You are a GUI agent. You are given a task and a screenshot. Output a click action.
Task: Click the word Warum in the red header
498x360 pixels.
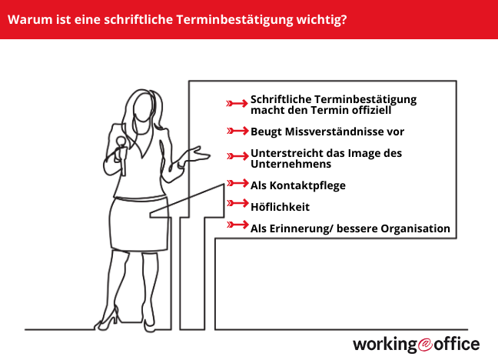[x=28, y=18]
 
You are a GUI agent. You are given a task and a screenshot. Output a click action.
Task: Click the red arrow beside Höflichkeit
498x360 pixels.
[x=237, y=205]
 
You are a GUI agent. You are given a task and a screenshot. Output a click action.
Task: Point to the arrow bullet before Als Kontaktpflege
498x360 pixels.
[x=237, y=185]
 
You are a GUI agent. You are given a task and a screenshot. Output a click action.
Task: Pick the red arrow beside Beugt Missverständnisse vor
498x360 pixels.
[x=237, y=131]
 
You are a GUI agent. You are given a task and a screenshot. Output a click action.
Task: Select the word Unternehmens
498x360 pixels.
[x=291, y=164]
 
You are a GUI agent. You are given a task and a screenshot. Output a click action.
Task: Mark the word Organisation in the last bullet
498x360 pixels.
[x=413, y=228]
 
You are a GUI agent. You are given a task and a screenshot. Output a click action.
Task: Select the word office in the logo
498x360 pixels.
[x=458, y=343]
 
